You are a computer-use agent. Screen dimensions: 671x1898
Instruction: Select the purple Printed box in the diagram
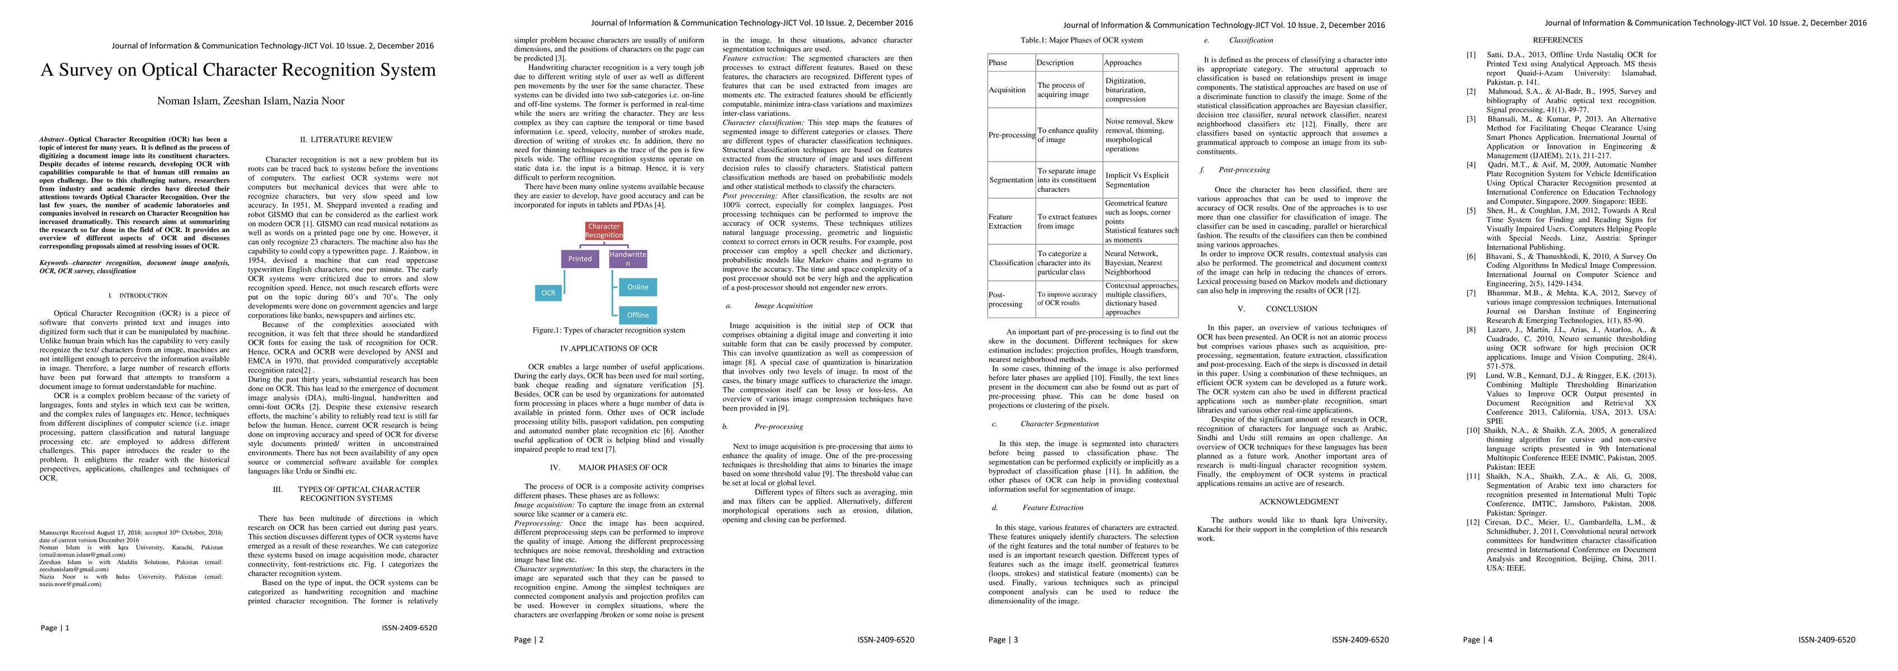pos(579,258)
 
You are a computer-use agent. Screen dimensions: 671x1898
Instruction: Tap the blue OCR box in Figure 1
pos(548,293)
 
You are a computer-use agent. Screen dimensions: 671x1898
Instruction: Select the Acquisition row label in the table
pos(1007,90)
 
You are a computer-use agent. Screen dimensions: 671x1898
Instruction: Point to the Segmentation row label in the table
pos(1011,179)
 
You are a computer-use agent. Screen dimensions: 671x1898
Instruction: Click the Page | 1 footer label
pos(55,627)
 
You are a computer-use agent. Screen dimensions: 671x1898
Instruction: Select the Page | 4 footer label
pos(1477,639)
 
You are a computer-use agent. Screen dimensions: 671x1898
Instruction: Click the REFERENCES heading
pos(1558,40)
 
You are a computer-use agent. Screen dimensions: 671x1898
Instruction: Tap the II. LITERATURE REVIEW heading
pos(346,139)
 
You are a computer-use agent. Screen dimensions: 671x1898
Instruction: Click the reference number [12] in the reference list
pos(1472,522)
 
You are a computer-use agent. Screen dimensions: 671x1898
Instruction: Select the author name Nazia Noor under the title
pos(318,101)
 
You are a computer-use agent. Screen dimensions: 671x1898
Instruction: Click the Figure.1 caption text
pos(609,330)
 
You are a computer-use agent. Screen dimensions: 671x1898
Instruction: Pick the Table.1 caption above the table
pos(1082,40)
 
